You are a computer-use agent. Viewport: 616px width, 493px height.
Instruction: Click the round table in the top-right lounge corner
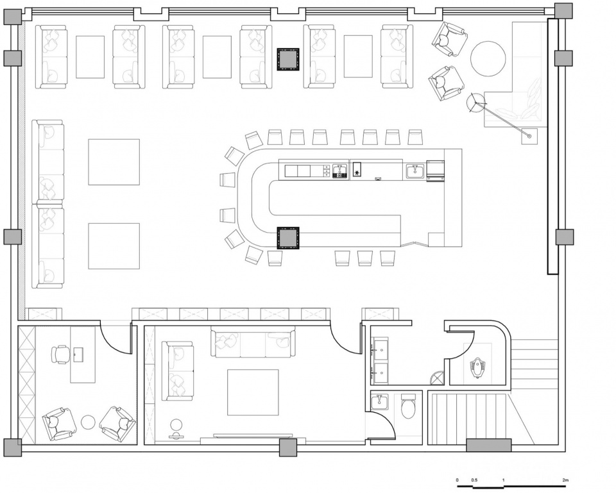pos(488,59)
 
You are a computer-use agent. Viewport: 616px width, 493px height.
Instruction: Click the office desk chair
pos(59,355)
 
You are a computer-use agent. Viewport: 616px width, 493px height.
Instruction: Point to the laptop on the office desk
pos(78,355)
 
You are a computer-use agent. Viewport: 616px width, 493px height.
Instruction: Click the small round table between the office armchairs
pos(88,422)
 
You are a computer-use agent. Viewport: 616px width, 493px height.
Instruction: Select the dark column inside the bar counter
pos(288,238)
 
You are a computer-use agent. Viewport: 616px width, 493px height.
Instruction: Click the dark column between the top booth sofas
pos(288,59)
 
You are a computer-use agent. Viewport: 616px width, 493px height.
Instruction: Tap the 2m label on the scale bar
pos(565,480)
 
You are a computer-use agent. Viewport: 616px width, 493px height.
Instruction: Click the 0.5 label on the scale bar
pos(475,480)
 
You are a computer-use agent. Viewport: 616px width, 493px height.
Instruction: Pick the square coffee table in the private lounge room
pos(253,392)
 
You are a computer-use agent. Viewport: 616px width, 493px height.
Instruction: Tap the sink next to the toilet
pos(380,402)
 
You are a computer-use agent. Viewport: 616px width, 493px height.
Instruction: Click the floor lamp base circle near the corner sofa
pos(475,103)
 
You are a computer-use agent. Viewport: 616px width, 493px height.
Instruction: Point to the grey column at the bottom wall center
pos(288,447)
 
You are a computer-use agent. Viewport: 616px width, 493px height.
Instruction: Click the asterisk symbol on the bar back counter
pos(357,172)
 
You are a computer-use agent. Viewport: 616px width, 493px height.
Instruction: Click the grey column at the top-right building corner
pos(564,11)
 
